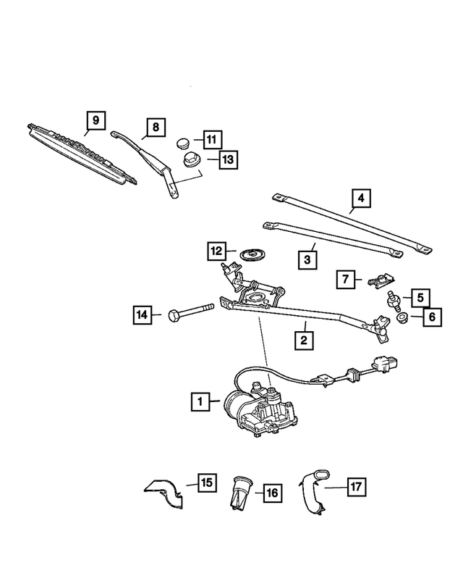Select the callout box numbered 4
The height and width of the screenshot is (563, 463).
pos(362,198)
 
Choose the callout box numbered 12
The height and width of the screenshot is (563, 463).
pos(216,251)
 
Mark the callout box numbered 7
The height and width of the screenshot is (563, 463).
pos(347,278)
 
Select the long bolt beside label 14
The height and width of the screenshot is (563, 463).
pos(190,315)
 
